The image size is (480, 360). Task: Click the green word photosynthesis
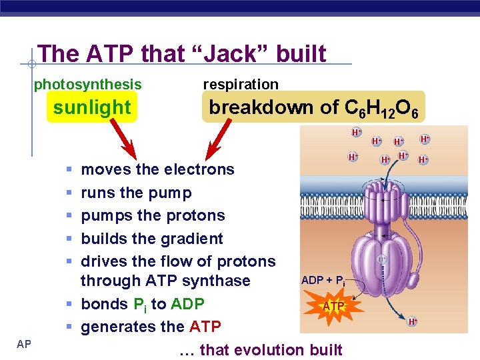pos(87,84)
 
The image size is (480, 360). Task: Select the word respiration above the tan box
pos(240,84)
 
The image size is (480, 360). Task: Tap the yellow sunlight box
pos(92,107)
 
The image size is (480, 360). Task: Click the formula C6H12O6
pos(381,108)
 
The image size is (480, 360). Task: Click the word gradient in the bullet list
pos(193,239)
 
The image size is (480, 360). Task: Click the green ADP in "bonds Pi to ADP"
pos(187,304)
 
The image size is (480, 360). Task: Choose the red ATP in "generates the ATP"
pos(205,327)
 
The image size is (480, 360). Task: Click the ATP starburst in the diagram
pos(333,306)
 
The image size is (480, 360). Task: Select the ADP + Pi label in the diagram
pos(323,280)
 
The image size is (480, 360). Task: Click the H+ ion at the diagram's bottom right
pos(413,322)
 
